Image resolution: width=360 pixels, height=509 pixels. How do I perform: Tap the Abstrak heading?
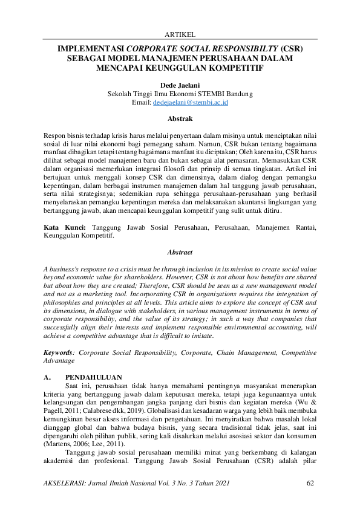[180, 119]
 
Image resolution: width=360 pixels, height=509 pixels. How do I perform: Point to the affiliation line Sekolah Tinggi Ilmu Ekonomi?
[180, 94]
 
